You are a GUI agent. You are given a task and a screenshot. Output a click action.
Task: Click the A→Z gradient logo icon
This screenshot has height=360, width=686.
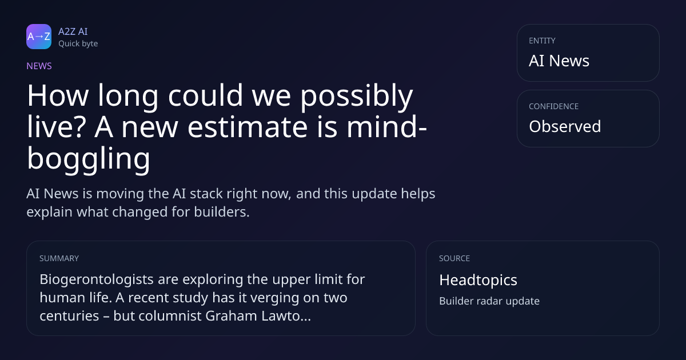pyautogui.click(x=39, y=37)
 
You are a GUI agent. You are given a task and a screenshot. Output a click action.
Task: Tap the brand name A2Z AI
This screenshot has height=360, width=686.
pyautogui.click(x=73, y=31)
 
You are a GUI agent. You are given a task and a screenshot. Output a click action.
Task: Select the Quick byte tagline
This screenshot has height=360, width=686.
pyautogui.click(x=78, y=44)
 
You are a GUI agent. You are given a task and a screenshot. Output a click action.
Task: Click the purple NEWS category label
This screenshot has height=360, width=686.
pyautogui.click(x=39, y=66)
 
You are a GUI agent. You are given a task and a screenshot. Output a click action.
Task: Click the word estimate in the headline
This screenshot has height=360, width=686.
pyautogui.click(x=248, y=127)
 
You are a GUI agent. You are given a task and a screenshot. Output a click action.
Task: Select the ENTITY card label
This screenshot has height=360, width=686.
pyautogui.click(x=542, y=41)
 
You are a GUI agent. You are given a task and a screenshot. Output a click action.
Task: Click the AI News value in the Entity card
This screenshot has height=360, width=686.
pyautogui.click(x=559, y=61)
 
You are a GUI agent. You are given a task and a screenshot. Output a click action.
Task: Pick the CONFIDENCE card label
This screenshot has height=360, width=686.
pyautogui.click(x=554, y=106)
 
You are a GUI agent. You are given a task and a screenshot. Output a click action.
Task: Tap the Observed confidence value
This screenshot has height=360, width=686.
pyautogui.click(x=565, y=126)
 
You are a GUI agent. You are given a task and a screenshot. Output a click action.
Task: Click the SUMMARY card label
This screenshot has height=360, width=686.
pyautogui.click(x=59, y=258)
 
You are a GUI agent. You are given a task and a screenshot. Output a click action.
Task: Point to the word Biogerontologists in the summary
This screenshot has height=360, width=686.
pyautogui.click(x=97, y=280)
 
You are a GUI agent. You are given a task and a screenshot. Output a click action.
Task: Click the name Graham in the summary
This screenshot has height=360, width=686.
pyautogui.click(x=231, y=316)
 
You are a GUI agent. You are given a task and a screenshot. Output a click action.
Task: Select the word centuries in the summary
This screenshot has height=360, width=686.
pyautogui.click(x=69, y=316)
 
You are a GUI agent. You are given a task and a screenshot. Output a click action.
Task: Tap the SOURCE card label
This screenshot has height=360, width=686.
pyautogui.click(x=454, y=258)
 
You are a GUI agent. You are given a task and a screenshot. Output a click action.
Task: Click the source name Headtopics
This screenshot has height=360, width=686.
pyautogui.click(x=478, y=281)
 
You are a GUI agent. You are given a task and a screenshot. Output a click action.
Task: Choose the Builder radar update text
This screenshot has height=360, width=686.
pyautogui.click(x=489, y=301)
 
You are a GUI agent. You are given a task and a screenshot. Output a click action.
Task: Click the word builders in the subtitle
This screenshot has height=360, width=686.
pyautogui.click(x=222, y=212)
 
